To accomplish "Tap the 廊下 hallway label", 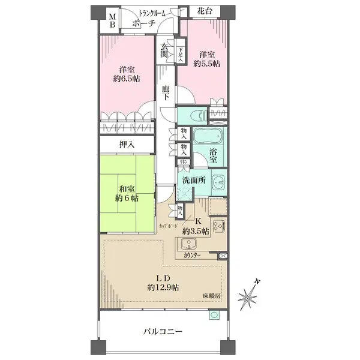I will tap(166, 94).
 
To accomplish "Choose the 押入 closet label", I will tap(127, 144).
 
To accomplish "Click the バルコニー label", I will tap(162, 331).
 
